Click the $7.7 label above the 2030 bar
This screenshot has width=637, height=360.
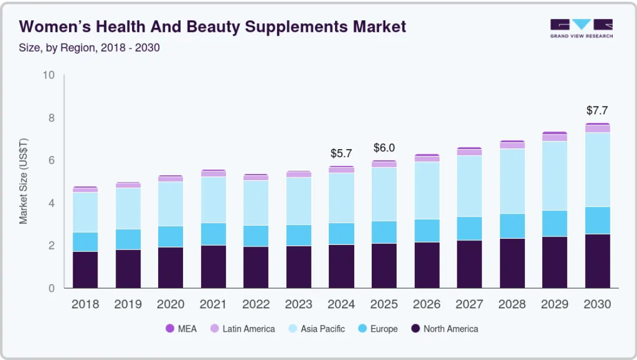(x=597, y=111)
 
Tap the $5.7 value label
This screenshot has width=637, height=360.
(x=341, y=154)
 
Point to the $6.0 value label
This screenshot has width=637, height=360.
(x=384, y=148)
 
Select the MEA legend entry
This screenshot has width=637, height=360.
(x=181, y=329)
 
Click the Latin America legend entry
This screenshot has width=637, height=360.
(x=243, y=329)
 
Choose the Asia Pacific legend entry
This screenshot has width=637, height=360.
(x=316, y=329)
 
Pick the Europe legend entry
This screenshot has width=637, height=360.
(x=378, y=329)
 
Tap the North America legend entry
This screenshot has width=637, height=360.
(x=445, y=329)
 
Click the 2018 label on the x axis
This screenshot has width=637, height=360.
(x=86, y=304)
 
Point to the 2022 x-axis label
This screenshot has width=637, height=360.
(x=256, y=304)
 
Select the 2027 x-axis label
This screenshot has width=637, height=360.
(x=469, y=304)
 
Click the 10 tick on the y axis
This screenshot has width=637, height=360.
(x=48, y=75)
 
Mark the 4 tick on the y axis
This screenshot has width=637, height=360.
(x=51, y=203)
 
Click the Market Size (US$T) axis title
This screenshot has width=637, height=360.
(x=23, y=181)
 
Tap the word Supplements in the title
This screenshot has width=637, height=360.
(x=296, y=27)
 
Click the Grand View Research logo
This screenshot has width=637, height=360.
(x=581, y=28)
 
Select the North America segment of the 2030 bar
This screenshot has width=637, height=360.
(x=597, y=261)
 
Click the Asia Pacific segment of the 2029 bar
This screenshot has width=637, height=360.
(x=554, y=176)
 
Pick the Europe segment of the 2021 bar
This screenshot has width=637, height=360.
(x=213, y=234)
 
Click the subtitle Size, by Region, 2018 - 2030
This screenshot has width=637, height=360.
(x=89, y=48)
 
